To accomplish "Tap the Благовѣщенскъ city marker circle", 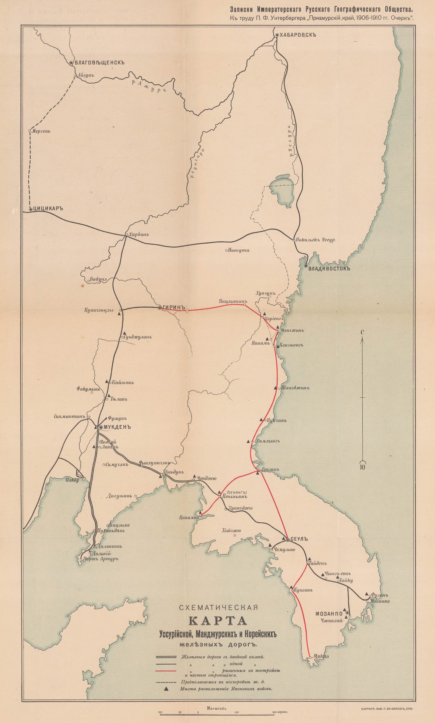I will [71, 63].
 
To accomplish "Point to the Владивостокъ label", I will [329, 268].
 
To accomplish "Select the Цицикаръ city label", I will [48, 208].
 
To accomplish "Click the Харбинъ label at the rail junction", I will [139, 234].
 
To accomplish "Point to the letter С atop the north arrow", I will [362, 333].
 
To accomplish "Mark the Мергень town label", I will [41, 131].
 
